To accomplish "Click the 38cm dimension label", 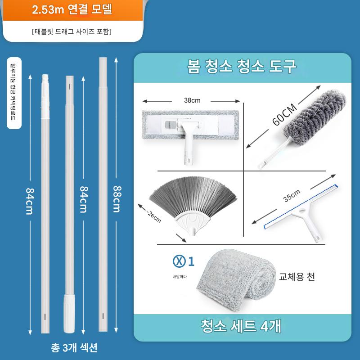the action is coord(192,100).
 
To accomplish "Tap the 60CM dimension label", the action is coord(284,115).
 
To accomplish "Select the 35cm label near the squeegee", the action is coord(292,196).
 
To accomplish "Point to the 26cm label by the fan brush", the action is coord(154,217).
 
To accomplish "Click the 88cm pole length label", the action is coord(117,199).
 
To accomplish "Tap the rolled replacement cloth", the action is coord(236,280).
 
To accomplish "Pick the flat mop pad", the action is coord(190,125).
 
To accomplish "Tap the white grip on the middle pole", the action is coord(69,313).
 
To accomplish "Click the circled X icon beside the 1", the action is coord(179,261).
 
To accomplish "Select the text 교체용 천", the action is coord(297,277).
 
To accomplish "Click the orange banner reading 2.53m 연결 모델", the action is coord(72,10).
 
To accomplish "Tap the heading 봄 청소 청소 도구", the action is coord(242,66).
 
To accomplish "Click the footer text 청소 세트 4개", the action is coord(241,325).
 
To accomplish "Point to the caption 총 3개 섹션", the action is coord(74,347).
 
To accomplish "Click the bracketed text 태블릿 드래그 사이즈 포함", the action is coord(72,31).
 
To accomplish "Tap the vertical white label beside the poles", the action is coord(14,93).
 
